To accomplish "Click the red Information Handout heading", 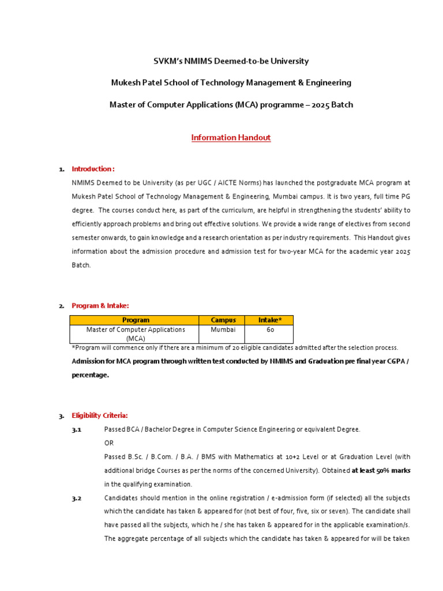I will [x=231, y=137].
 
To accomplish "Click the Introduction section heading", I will [x=93, y=169].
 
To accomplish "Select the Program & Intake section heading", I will [x=100, y=305].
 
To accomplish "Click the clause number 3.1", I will [x=77, y=429].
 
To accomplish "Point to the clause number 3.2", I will [x=77, y=498].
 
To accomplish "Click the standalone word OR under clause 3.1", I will [x=109, y=443].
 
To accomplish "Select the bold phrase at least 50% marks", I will [x=381, y=470].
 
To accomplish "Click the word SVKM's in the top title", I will [x=168, y=61].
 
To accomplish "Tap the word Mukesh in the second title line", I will [x=125, y=83].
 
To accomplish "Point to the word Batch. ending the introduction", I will [x=81, y=265].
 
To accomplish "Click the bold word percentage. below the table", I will [x=90, y=375].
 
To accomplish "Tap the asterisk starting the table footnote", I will [x=73, y=347].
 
